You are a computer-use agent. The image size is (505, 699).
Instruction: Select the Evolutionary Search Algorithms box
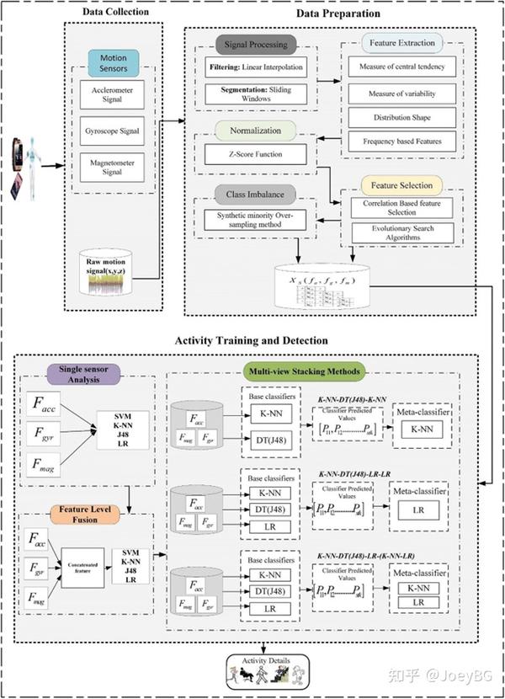point(397,232)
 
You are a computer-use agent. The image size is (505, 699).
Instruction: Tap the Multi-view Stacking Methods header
point(306,369)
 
